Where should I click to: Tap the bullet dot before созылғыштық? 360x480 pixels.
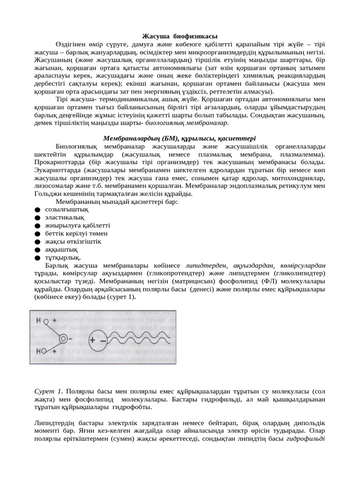point(37,210)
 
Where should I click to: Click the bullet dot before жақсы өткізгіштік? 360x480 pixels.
point(37,241)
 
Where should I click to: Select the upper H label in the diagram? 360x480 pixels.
point(39,321)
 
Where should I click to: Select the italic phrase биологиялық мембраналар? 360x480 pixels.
point(186,122)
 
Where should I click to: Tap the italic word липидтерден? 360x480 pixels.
point(205,265)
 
